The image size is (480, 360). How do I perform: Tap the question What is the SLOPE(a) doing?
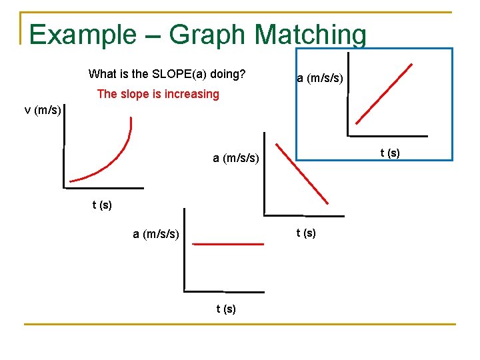tap(167, 73)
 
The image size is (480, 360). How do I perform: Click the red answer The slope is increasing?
tap(158, 94)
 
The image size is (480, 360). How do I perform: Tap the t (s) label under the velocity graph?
tap(102, 205)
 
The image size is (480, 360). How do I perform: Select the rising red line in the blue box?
tap(383, 95)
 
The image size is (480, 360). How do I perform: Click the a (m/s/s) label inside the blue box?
tap(320, 79)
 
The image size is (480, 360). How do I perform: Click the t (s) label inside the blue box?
tap(390, 153)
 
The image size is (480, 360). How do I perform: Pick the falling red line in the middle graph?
tap(303, 173)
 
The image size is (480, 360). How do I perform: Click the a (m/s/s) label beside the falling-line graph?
tap(236, 158)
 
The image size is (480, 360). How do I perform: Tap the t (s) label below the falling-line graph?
tap(306, 233)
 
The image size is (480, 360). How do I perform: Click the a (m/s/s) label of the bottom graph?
tap(156, 234)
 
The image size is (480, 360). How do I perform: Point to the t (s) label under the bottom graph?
tap(226, 309)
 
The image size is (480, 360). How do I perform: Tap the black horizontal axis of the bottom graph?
tap(223, 291)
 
